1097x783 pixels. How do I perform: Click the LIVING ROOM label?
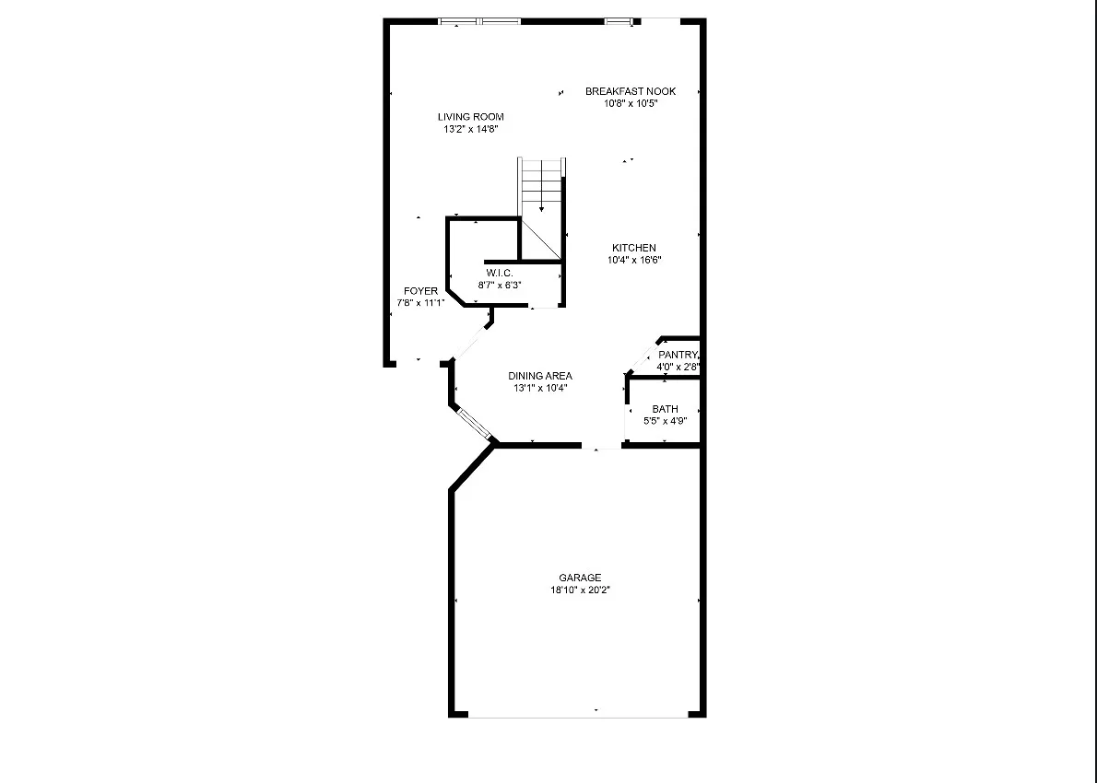pos(470,117)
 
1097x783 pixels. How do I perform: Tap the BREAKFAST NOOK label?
pos(631,91)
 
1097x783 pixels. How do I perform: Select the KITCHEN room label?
pos(634,248)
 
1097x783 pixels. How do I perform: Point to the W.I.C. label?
pos(500,273)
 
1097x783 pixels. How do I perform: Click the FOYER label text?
pos(420,291)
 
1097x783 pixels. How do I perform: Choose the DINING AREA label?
pos(540,376)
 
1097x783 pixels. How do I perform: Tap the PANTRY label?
pos(678,355)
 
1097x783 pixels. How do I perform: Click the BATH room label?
pos(665,409)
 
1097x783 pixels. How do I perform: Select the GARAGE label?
pos(580,578)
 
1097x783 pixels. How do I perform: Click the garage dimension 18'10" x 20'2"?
pos(580,590)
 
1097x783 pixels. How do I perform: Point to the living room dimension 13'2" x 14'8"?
pos(470,130)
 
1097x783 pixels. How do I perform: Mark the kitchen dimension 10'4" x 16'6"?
pos(634,260)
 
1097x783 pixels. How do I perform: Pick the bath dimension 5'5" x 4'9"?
pos(665,421)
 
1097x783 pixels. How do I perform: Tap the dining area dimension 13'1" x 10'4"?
pos(540,388)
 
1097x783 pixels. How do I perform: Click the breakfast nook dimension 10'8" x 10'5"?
pos(631,103)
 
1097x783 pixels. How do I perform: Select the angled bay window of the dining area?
pos(474,421)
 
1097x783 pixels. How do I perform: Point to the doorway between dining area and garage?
pos(601,447)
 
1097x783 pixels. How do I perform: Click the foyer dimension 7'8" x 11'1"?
pos(420,303)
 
